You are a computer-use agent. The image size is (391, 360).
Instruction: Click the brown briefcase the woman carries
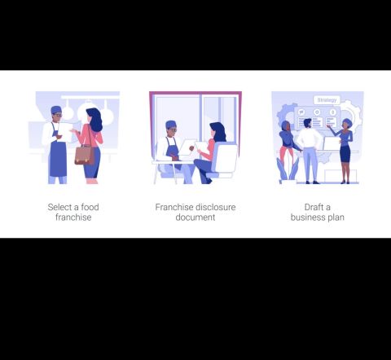(85, 155)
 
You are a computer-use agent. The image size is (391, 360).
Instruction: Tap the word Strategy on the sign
(327, 100)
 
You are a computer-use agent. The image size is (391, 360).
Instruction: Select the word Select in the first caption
(60, 207)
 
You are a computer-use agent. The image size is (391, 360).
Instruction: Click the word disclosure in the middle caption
(215, 207)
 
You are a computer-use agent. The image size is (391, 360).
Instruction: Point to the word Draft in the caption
(314, 207)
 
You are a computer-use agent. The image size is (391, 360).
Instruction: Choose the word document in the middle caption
(195, 217)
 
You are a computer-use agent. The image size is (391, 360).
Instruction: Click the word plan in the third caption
(336, 217)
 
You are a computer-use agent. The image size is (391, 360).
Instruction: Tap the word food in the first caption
(90, 207)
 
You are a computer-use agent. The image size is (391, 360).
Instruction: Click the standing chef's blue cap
(56, 109)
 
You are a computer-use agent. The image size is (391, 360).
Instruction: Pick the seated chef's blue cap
(171, 125)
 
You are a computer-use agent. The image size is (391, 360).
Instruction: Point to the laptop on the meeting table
(331, 143)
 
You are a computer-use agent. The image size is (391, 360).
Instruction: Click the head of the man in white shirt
(307, 124)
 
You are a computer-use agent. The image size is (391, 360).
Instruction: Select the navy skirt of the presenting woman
(345, 154)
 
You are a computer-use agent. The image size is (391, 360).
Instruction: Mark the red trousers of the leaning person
(286, 156)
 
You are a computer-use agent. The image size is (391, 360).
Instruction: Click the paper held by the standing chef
(65, 132)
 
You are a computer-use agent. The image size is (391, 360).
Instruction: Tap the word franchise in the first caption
(73, 217)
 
